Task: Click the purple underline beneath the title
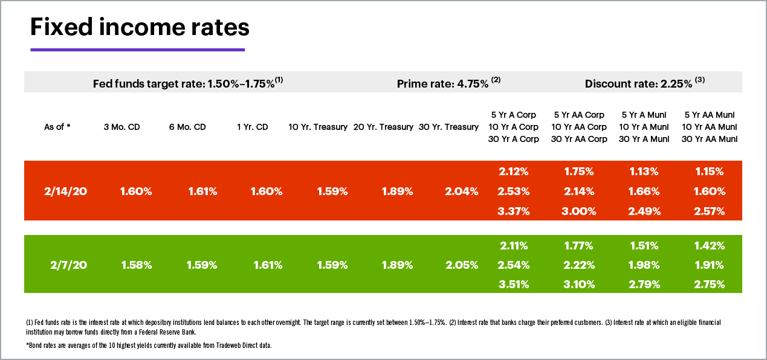(x=137, y=50)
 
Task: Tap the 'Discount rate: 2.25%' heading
(x=644, y=83)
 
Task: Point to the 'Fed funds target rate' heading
(x=188, y=83)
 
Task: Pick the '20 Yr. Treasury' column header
(x=383, y=127)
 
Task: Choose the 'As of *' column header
(x=57, y=127)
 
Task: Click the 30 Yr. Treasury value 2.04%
(x=461, y=191)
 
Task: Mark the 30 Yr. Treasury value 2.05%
(x=461, y=265)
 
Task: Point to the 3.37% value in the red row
(x=514, y=211)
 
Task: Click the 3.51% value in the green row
(x=514, y=284)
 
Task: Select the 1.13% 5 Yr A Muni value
(x=644, y=172)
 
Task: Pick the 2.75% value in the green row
(x=710, y=284)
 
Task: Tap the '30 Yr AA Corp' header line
(x=578, y=139)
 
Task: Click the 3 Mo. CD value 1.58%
(x=137, y=265)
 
